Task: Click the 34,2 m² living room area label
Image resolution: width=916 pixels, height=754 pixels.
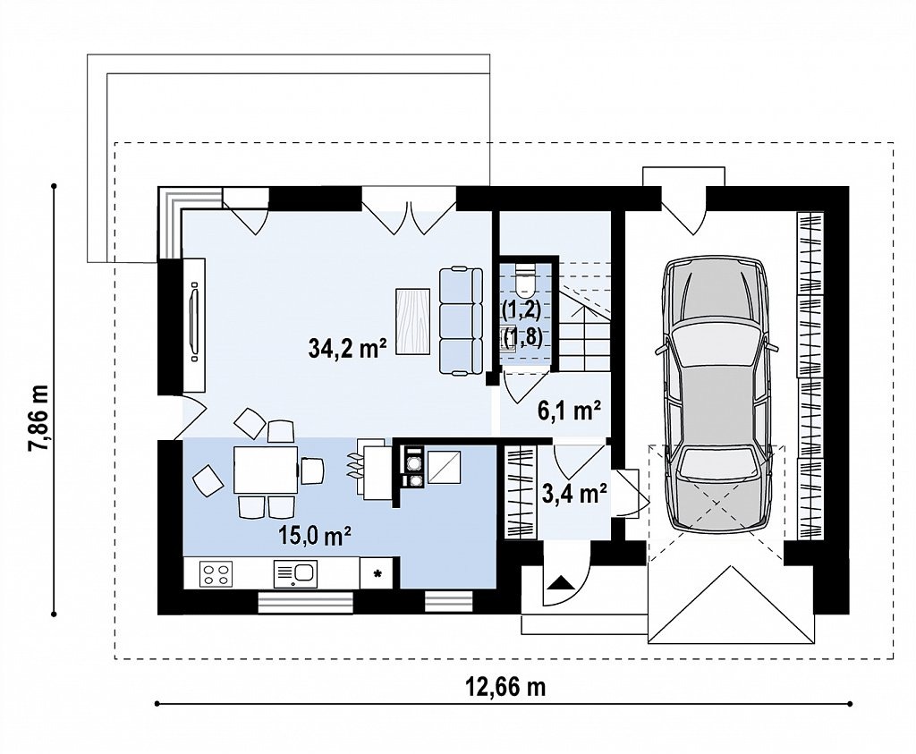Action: (x=347, y=349)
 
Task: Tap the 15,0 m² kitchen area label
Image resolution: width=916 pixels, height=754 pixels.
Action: (x=315, y=535)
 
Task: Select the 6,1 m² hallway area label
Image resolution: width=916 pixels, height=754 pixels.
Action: (x=569, y=411)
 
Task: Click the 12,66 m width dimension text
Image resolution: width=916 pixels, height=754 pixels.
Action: (x=506, y=688)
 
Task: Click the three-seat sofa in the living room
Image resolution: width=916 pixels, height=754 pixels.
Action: (x=461, y=320)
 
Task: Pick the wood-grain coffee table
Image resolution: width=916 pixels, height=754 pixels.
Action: (x=413, y=320)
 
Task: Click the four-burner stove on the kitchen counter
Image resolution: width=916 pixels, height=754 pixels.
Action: (x=216, y=573)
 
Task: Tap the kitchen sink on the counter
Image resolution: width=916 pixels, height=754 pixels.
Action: (x=295, y=573)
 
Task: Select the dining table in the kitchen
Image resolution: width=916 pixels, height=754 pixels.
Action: (x=265, y=470)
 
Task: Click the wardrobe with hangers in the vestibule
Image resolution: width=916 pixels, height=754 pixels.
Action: (x=520, y=492)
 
